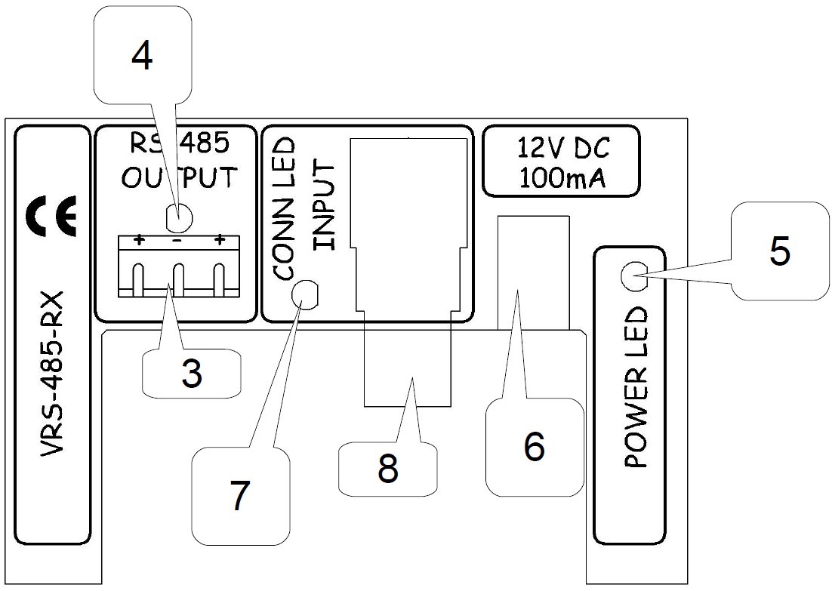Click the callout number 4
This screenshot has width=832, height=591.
[x=141, y=57]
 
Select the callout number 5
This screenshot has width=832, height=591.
[x=779, y=251]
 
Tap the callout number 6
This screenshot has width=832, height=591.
[x=534, y=447]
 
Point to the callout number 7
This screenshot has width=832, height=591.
[x=239, y=496]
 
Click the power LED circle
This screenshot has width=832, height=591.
[x=631, y=277]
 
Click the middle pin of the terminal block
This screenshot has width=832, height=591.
[x=179, y=282]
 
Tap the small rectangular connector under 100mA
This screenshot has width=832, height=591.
[x=533, y=272]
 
